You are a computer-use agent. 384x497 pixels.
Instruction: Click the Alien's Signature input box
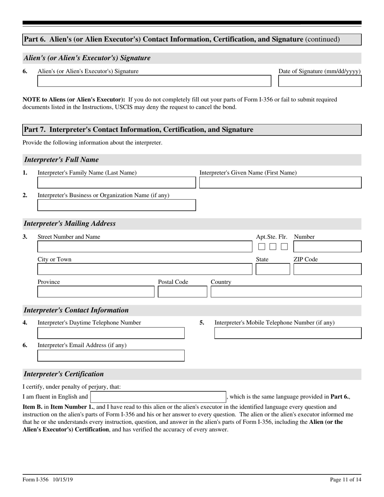154,81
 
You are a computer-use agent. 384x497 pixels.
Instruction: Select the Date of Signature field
320,81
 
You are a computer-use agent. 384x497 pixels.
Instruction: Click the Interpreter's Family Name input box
116,183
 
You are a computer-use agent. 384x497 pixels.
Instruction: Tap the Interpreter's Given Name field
281,183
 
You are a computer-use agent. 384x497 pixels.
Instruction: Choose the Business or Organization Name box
116,205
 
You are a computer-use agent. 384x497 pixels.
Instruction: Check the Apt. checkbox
262,246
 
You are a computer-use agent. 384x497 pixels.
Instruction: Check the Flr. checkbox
285,246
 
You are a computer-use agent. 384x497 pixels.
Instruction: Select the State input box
272,269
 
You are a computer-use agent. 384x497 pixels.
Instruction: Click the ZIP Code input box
327,269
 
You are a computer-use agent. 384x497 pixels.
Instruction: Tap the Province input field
96,292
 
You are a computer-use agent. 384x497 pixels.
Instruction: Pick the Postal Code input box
182,292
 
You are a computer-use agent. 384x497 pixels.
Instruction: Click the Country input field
286,292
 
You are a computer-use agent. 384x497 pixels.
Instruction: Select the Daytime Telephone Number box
111,333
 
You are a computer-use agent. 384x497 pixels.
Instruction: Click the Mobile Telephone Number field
288,333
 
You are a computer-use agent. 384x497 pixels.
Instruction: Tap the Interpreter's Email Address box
111,356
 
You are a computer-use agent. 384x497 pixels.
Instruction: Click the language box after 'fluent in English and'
158,397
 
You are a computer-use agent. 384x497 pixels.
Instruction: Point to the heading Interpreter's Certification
64,374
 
